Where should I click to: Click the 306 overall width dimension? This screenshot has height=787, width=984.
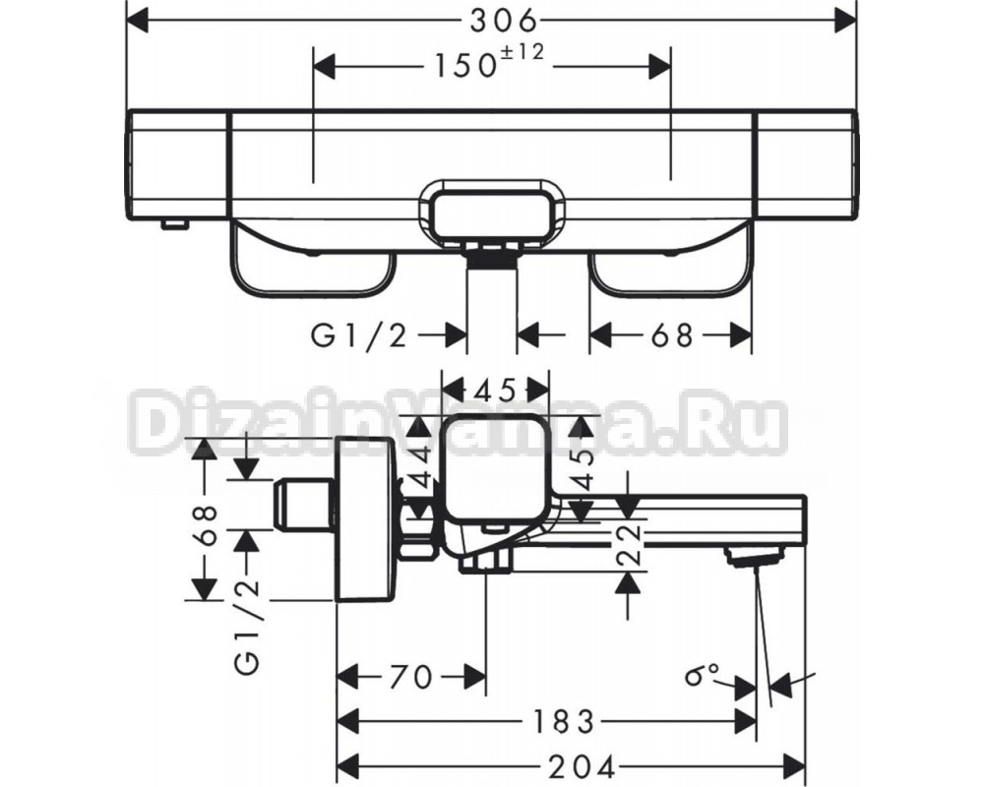pos(504,22)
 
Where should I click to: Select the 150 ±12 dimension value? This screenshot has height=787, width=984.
pos(489,62)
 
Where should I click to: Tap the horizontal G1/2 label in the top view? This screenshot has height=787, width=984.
pos(359,336)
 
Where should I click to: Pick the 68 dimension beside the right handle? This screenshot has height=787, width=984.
pos(671,335)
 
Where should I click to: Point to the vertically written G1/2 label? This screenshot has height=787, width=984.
pos(249,628)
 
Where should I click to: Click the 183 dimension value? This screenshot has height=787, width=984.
pos(562,722)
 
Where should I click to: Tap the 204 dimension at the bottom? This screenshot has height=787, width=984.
pos(582,766)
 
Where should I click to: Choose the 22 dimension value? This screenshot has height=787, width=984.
pos(628,544)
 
